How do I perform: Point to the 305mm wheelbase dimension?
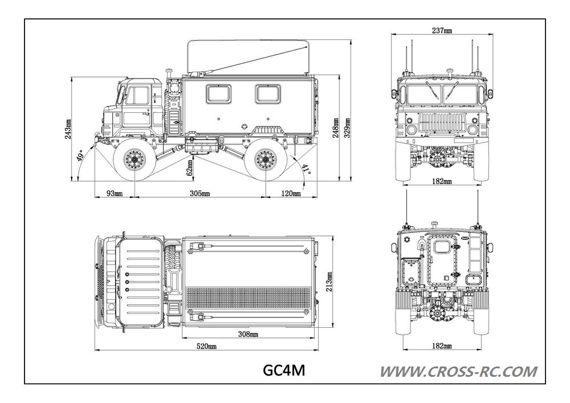199,193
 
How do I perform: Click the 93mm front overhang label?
114,193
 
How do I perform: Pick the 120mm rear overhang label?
291,193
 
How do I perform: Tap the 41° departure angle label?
306,169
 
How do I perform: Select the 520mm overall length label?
206,346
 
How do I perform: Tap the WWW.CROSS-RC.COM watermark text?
458,372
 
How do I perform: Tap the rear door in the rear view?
441,263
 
